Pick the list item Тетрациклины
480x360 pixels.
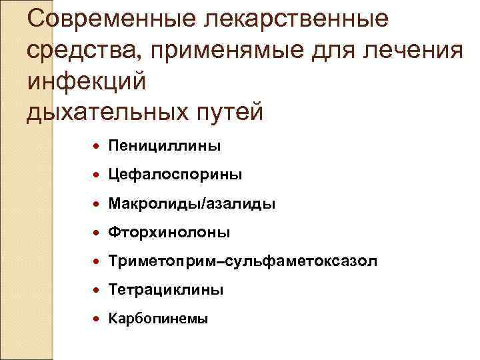click(165, 290)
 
